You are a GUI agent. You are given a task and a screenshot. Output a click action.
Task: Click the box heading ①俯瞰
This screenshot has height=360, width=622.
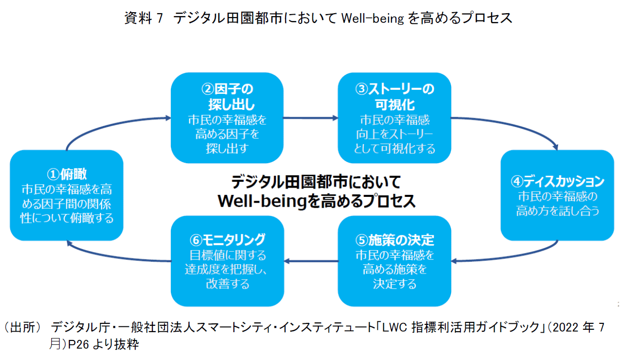coord(67,174)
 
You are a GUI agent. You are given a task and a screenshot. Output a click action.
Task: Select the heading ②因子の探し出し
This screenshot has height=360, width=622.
coord(228,97)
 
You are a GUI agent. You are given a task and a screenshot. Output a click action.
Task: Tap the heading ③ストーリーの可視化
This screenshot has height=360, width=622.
coord(394,97)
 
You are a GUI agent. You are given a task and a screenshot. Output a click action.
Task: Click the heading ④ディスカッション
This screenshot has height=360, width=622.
coord(557,182)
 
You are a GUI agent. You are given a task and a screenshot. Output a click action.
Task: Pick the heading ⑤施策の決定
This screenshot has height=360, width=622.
coord(394,240)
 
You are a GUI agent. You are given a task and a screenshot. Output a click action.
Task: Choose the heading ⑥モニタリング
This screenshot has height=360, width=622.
coord(228,240)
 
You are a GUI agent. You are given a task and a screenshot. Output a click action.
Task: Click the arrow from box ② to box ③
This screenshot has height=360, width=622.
coord(311,118)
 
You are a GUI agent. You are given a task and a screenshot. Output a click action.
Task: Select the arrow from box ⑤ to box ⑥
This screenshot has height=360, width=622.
coord(311,261)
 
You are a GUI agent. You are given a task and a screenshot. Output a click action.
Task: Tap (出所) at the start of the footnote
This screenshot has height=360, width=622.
coord(22,327)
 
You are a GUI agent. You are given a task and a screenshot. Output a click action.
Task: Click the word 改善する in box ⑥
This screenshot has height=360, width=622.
coord(228,283)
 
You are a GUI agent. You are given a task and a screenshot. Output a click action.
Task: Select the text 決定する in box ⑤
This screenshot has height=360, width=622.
coord(394,283)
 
